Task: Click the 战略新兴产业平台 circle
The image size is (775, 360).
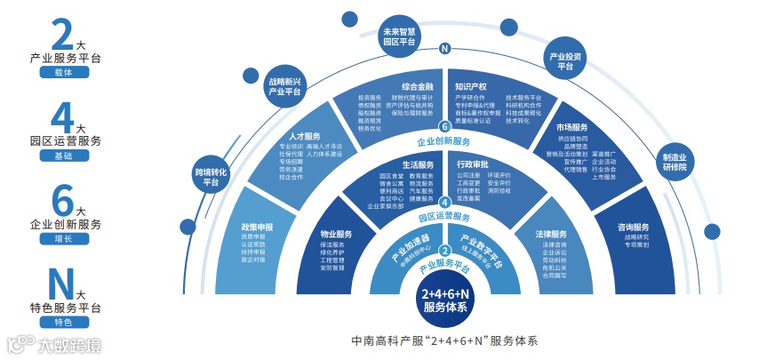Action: point(284,85)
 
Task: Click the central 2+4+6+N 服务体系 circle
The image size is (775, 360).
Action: point(444,300)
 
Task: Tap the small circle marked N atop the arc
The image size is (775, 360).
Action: point(444,49)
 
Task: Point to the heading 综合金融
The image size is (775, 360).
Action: point(417,87)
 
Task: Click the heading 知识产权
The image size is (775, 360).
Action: point(470,87)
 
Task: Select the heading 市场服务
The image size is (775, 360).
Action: point(572,127)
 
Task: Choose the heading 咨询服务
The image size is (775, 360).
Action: point(634,226)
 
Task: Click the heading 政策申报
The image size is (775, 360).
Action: point(257,227)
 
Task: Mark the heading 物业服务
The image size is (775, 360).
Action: point(336,234)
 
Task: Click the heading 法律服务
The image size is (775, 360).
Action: point(551,234)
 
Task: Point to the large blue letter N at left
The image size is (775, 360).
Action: point(60,284)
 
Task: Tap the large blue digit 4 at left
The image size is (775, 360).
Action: point(61,116)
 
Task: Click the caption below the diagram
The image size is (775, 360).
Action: point(444,340)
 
